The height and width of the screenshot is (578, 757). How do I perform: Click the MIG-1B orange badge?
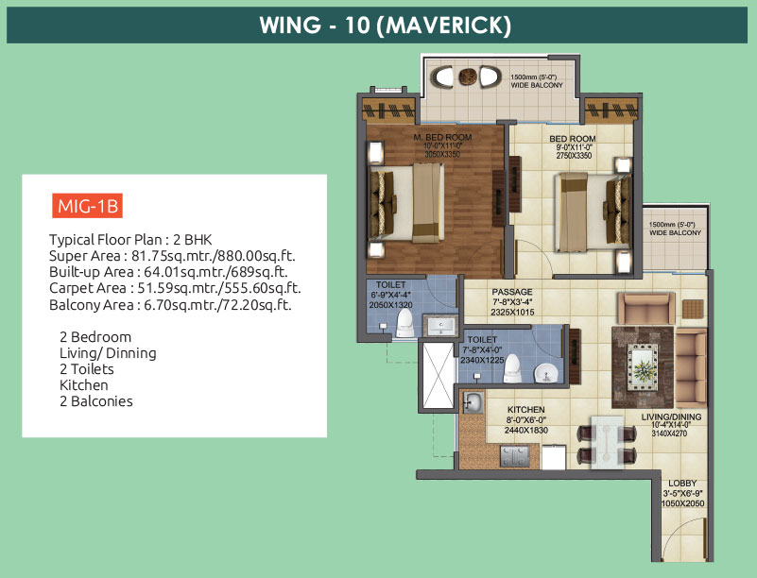(87, 206)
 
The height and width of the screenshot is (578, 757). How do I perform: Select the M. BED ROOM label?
(442, 138)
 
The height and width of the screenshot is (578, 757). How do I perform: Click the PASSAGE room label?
(512, 292)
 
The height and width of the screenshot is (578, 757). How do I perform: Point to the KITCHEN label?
(525, 410)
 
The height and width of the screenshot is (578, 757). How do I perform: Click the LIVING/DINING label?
(671, 416)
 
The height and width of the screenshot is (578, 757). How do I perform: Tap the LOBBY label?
(682, 483)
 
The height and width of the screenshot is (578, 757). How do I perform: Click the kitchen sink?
(473, 402)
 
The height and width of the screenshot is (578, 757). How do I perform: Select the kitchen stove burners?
(515, 456)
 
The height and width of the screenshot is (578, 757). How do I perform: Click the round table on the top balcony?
(467, 76)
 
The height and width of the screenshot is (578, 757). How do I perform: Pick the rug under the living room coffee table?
(643, 367)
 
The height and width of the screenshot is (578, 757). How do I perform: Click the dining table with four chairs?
(607, 442)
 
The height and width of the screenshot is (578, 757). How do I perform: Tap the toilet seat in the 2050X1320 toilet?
(404, 323)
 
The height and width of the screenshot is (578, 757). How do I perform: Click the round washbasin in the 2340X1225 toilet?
(546, 373)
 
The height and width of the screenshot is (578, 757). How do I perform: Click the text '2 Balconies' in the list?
(96, 401)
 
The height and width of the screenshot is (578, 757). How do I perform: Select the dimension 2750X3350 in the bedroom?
(574, 155)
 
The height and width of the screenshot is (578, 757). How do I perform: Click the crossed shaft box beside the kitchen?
(438, 376)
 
